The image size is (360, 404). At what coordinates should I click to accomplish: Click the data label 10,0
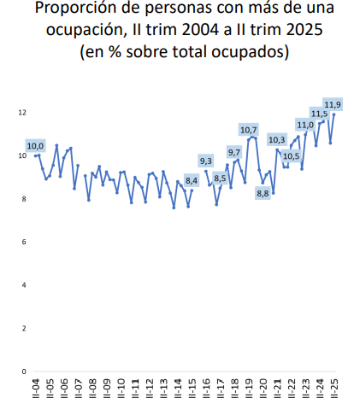tap(35, 146)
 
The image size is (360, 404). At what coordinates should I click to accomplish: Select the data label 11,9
tap(333, 105)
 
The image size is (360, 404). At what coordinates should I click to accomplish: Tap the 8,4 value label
tap(192, 180)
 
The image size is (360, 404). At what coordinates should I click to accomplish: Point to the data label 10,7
tap(249, 131)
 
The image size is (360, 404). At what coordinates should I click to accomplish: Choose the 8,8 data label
tap(263, 193)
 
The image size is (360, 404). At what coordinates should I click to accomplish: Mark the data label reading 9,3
tap(206, 161)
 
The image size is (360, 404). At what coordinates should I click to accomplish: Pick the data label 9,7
tap(234, 152)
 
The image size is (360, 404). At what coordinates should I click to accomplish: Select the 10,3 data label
tap(276, 139)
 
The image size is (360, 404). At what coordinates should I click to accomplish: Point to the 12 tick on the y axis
tap(22, 113)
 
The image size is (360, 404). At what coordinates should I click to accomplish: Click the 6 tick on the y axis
tap(24, 242)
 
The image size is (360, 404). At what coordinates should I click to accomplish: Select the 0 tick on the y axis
tap(24, 372)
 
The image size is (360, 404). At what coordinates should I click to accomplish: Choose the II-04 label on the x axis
tap(35, 389)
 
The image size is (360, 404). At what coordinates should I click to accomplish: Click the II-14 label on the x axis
tap(177, 389)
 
